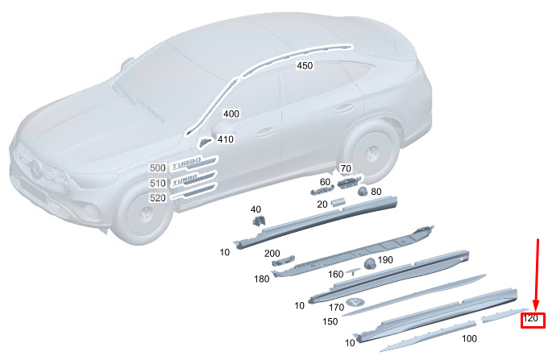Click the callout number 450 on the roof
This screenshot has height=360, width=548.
point(305,65)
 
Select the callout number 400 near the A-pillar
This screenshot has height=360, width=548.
point(231,114)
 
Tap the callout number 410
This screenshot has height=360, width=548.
point(226,139)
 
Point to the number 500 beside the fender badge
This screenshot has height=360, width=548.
point(158,168)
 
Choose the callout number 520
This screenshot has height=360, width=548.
point(158,198)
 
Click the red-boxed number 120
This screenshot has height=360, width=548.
point(530,318)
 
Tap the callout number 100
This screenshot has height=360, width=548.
point(469,338)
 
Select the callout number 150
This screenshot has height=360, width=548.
point(330,321)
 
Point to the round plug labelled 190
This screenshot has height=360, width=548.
point(370,263)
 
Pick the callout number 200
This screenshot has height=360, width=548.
point(272,253)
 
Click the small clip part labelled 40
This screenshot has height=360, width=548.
point(259,221)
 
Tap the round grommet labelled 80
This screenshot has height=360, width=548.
point(363,192)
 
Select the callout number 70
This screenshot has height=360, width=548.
point(346,168)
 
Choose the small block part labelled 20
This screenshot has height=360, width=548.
point(338,202)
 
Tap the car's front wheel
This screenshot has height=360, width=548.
point(144,215)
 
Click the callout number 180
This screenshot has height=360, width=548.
point(261,279)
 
